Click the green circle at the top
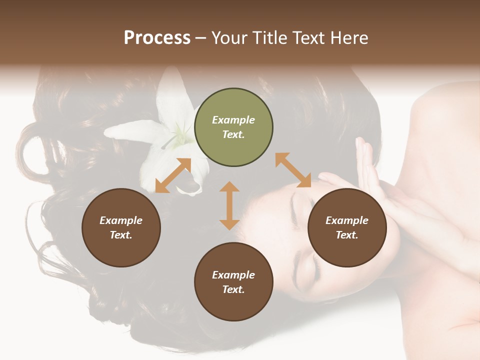(233, 127)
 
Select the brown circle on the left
(121, 227)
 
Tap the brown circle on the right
(347, 227)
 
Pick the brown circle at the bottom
(233, 281)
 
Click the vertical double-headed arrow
(229, 205)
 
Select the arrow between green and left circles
(173, 175)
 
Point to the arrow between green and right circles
(293, 170)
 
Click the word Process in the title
(157, 37)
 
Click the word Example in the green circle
(233, 120)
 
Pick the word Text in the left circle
(120, 235)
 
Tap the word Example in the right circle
(347, 220)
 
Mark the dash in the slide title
(201, 38)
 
